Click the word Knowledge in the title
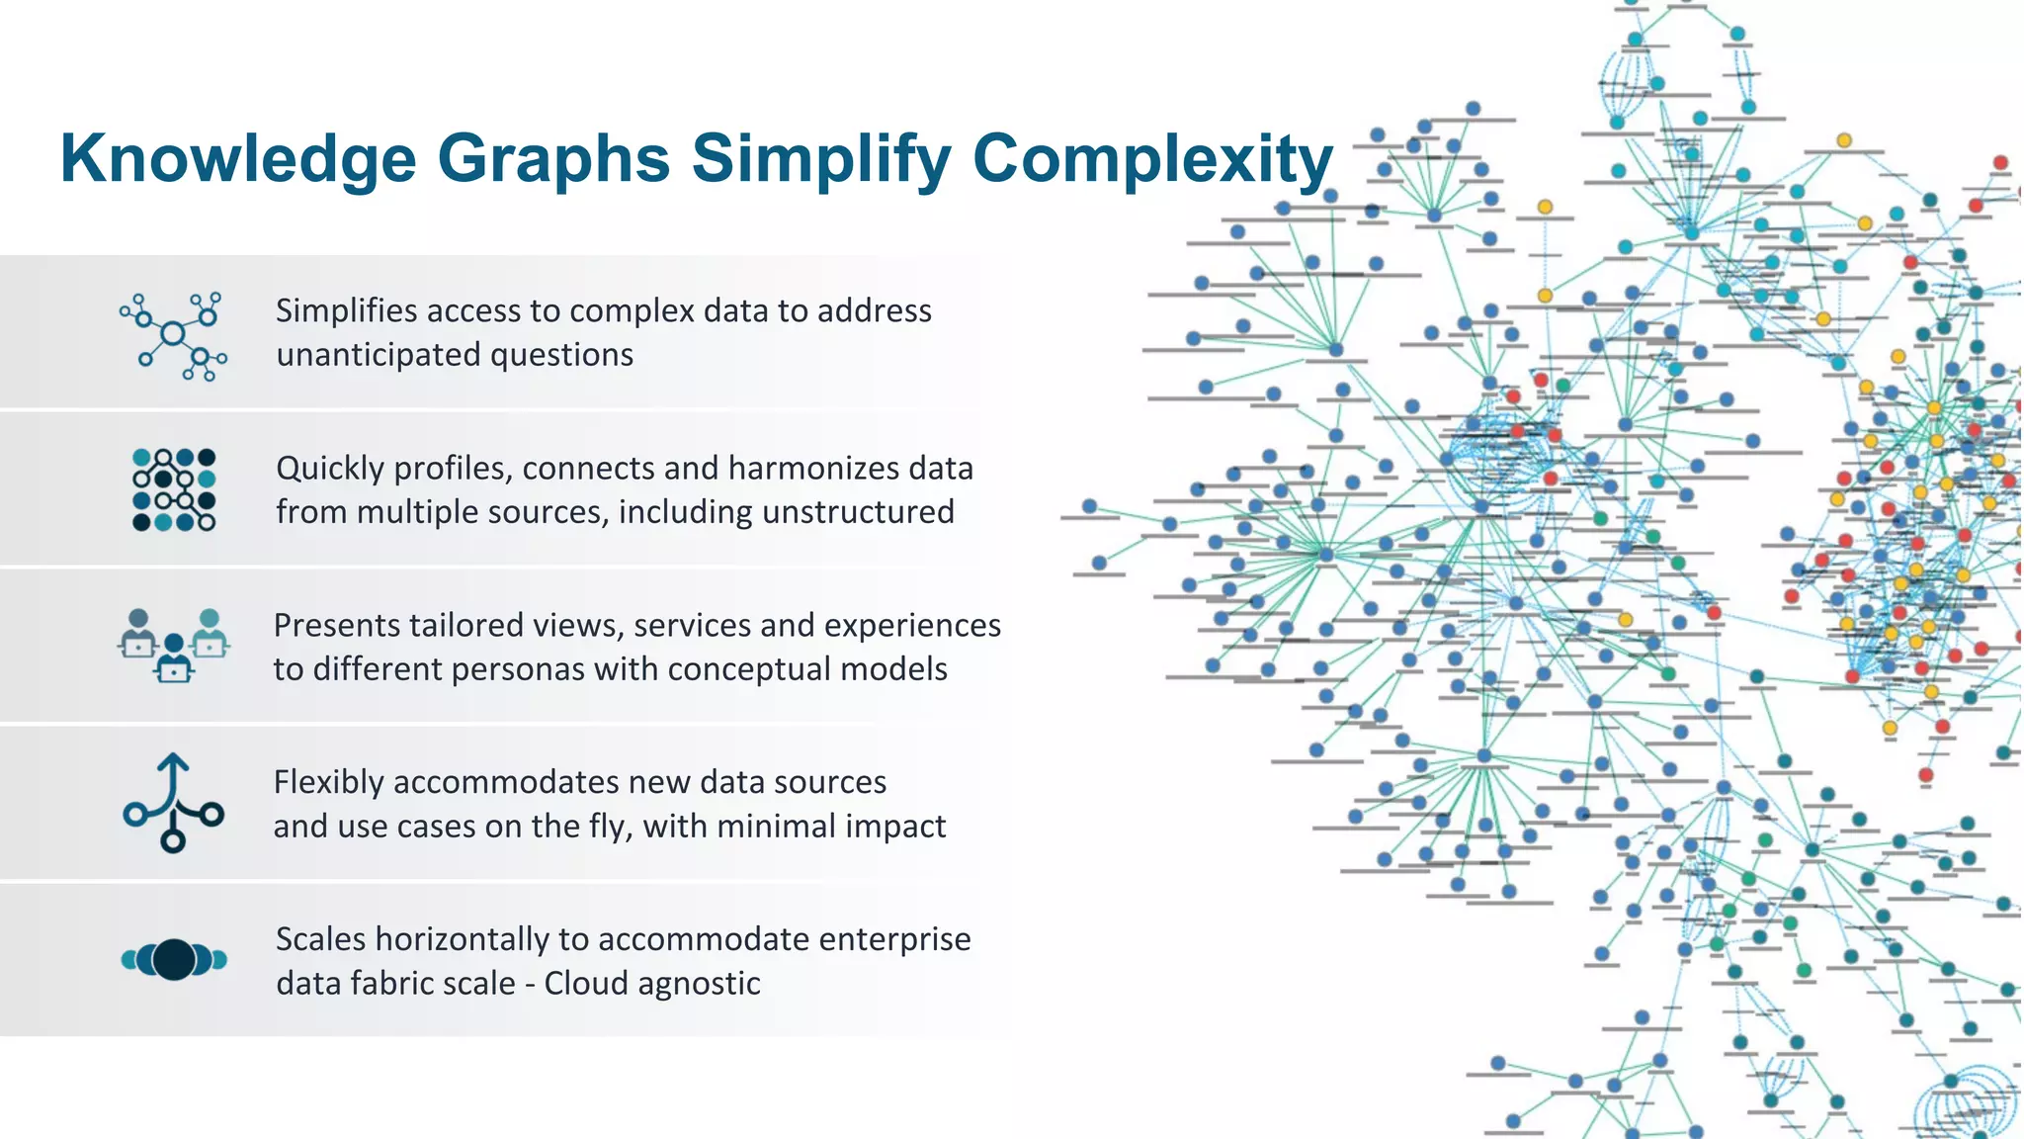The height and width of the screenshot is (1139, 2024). click(x=238, y=158)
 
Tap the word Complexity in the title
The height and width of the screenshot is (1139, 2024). click(x=1152, y=158)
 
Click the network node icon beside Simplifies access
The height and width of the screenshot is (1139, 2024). click(x=174, y=336)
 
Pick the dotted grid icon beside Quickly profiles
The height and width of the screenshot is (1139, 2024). click(x=174, y=489)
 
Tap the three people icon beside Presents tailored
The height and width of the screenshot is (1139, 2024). click(x=174, y=645)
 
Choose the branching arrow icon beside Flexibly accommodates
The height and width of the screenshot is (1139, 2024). click(x=174, y=803)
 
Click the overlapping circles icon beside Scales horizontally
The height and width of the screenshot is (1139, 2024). click(x=174, y=959)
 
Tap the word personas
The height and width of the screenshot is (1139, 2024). click(x=512, y=669)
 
